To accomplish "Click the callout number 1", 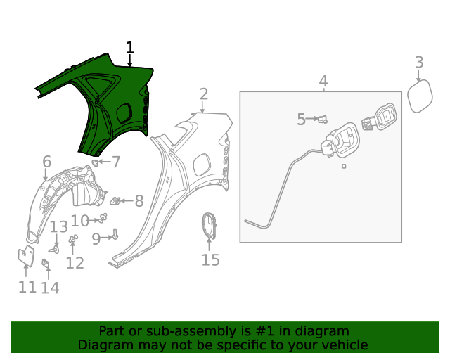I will pyautogui.click(x=129, y=48).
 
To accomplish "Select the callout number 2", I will pyautogui.click(x=204, y=94).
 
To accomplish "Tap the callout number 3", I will pyautogui.click(x=419, y=63).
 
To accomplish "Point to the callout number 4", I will pyautogui.click(x=323, y=82).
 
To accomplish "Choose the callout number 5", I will pyautogui.click(x=301, y=120).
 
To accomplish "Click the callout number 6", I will pyautogui.click(x=46, y=162).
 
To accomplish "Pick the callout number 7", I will pyautogui.click(x=116, y=162).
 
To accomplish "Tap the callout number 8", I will pyautogui.click(x=139, y=201).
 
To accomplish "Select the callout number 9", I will pyautogui.click(x=96, y=239).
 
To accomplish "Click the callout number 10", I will pyautogui.click(x=79, y=221).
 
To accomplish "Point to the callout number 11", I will pyautogui.click(x=27, y=287).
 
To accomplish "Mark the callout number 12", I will pyautogui.click(x=75, y=263).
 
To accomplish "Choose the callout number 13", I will pyautogui.click(x=58, y=227).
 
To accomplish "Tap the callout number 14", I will pyautogui.click(x=50, y=288).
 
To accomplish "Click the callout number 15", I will pyautogui.click(x=210, y=260).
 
